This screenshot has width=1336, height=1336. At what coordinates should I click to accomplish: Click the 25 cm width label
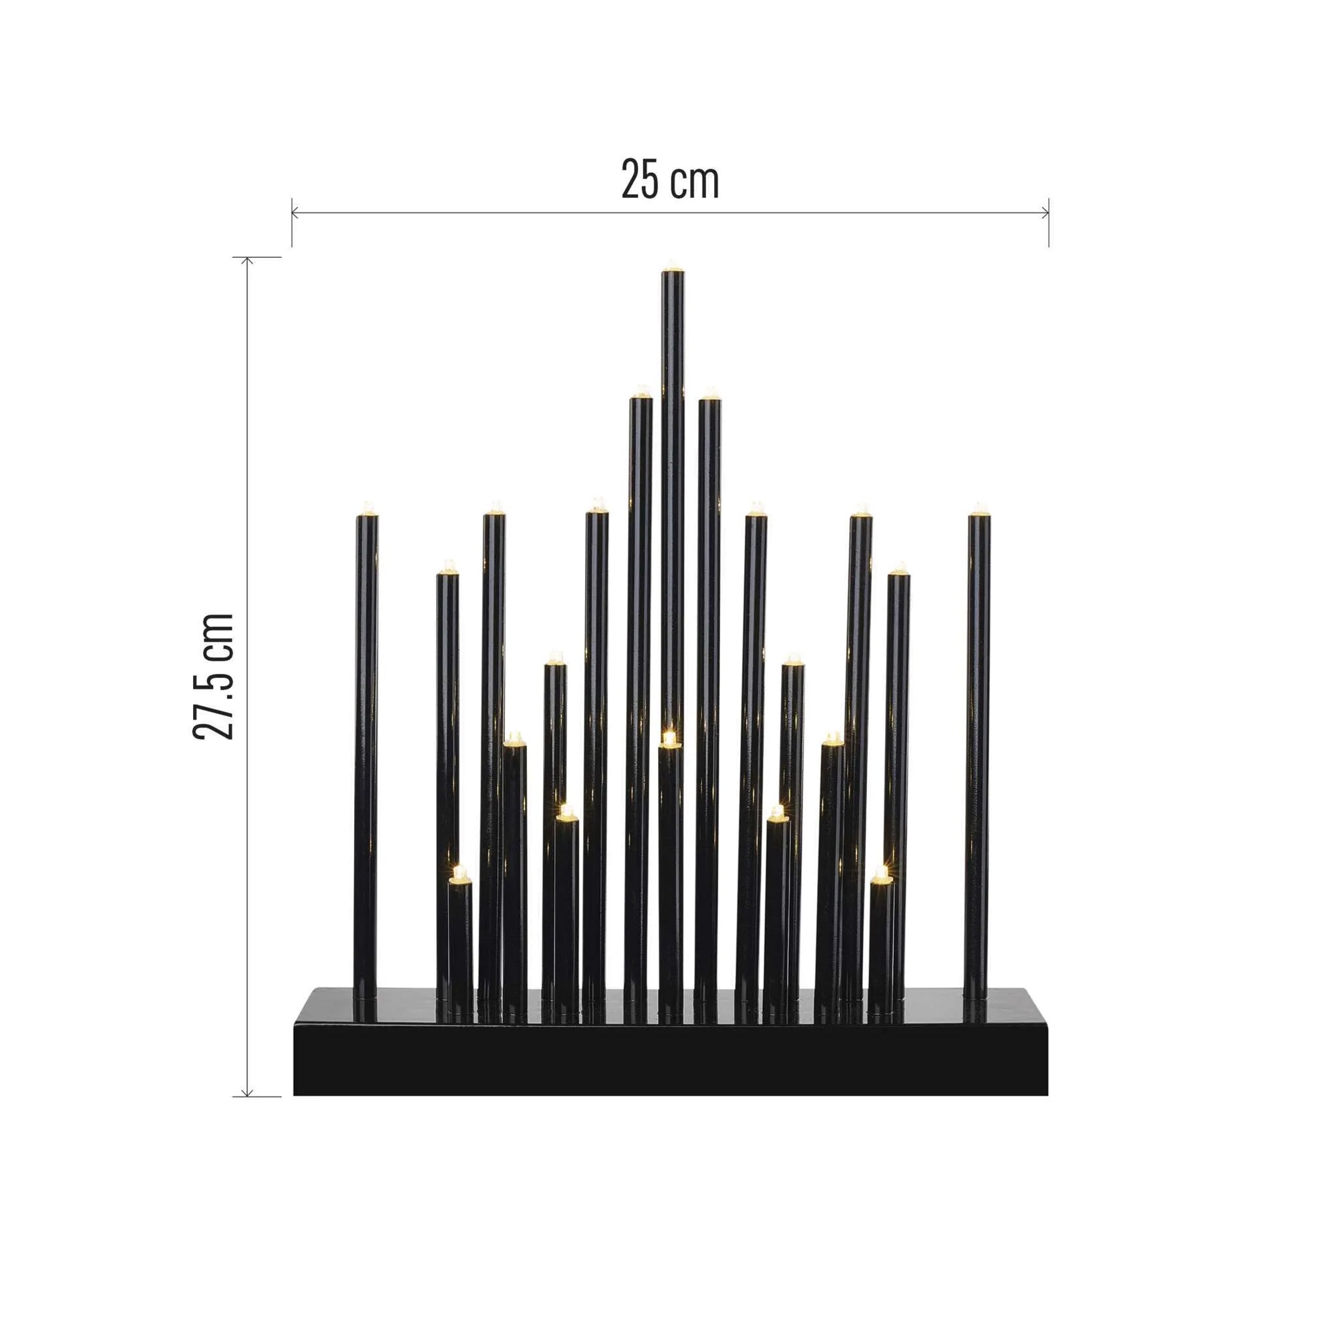pos(669,180)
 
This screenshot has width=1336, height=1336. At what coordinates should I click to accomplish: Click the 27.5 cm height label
pos(213,675)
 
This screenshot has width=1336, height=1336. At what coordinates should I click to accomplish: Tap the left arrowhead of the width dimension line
pos(295,213)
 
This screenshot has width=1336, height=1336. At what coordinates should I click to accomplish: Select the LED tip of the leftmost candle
pos(367,509)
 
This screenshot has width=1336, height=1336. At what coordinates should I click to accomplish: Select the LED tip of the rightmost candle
pos(979,510)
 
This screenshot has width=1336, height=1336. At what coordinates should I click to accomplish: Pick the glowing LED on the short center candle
pos(669,738)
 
